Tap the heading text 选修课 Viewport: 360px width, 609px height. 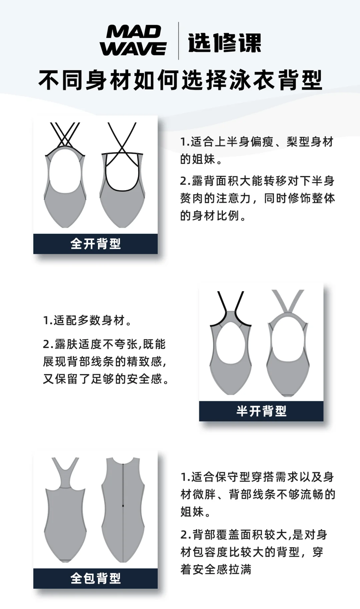tap(224, 43)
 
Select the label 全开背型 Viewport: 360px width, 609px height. tap(96, 244)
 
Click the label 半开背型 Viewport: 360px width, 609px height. tap(261, 411)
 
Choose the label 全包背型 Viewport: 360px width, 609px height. tap(96, 578)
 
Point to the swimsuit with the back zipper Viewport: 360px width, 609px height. tap(123, 510)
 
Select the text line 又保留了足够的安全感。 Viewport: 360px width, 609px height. tap(106, 379)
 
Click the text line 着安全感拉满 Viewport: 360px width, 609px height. tap(216, 569)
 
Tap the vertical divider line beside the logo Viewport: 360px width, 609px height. tap(178, 41)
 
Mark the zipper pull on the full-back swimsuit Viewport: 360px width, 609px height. tap(123, 506)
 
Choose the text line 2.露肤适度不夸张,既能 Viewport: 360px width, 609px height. tap(104, 344)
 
